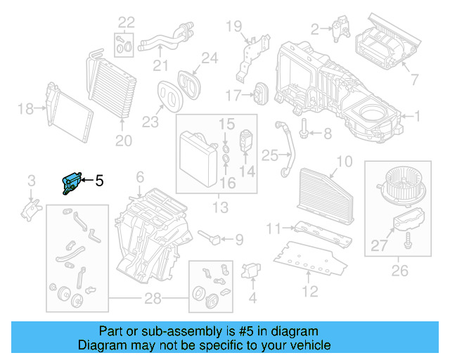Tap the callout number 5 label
[x=99, y=181]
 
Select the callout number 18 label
[x=25, y=108]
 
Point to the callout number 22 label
[x=126, y=21]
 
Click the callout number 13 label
[x=219, y=207]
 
